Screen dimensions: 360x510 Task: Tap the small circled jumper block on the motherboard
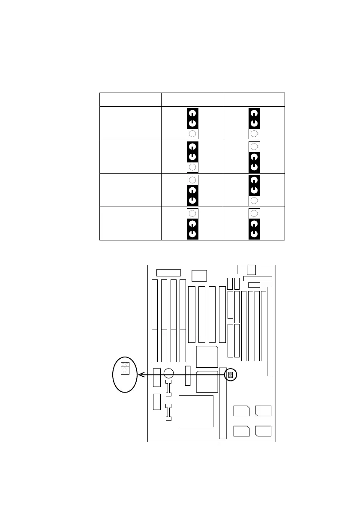(x=231, y=375)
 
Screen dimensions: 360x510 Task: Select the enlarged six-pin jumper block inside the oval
(x=125, y=368)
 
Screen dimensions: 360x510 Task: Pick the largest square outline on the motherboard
(x=196, y=411)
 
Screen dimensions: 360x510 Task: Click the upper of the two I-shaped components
(x=168, y=388)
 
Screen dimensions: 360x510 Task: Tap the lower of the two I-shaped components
(x=168, y=412)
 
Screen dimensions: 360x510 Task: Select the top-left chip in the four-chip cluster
(x=242, y=411)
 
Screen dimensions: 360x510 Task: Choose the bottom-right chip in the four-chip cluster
(x=263, y=431)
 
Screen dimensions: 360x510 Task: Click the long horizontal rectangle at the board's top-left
(x=169, y=273)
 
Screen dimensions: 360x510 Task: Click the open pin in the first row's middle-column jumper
(x=192, y=134)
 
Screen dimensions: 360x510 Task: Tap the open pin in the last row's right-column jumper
(x=254, y=213)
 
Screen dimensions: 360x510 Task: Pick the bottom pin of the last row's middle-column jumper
(x=192, y=234)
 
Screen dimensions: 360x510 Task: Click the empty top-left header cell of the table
(x=130, y=99)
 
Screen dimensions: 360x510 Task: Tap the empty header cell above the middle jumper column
(x=192, y=99)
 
